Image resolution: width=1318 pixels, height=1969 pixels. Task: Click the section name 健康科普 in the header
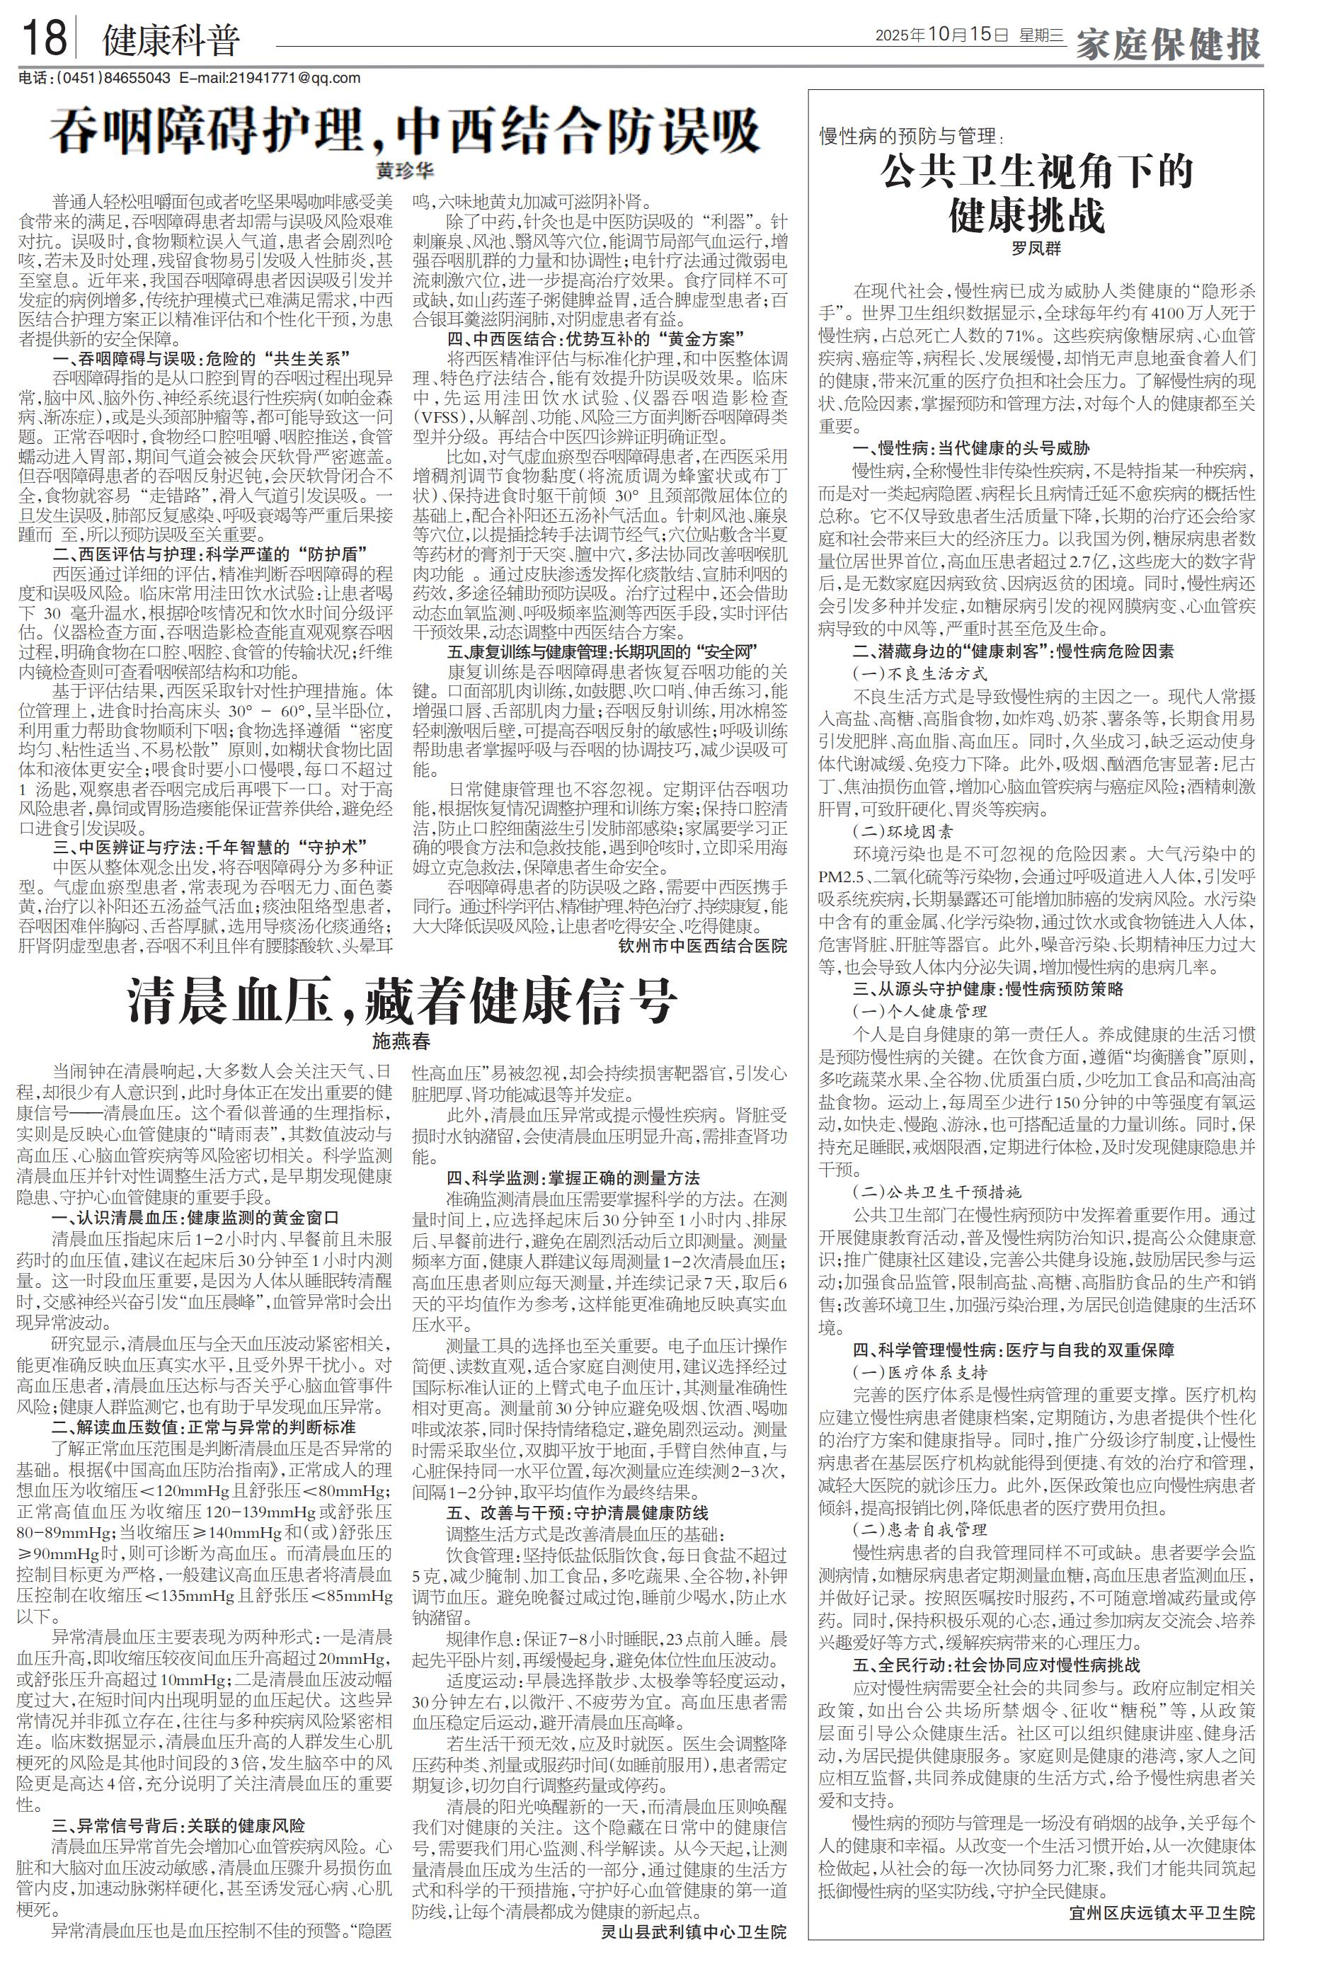click(x=171, y=40)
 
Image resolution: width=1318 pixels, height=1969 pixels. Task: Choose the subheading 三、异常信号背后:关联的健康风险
click(x=178, y=1825)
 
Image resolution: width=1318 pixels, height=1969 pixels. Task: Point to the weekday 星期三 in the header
click(x=1041, y=35)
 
